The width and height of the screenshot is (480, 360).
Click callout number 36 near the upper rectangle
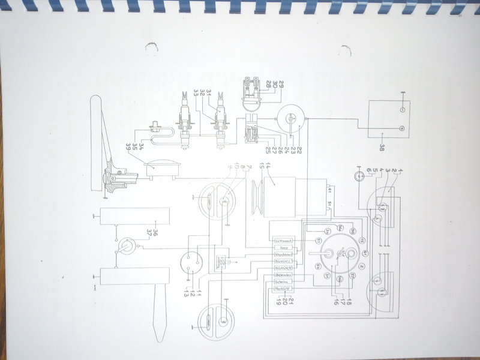[154, 232]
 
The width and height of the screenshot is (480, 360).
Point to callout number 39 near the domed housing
[128, 146]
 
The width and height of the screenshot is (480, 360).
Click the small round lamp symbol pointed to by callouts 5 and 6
[359, 176]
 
